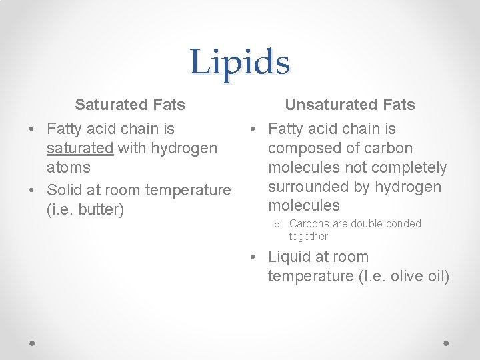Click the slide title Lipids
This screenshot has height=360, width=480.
point(240,63)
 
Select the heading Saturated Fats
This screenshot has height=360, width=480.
point(130,105)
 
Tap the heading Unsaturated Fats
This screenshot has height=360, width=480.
point(350,105)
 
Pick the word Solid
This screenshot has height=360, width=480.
point(65,190)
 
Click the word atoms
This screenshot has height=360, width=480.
point(69,167)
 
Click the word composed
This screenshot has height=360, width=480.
point(304,148)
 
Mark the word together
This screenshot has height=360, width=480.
point(308,237)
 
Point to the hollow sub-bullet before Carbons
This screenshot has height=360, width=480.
point(276,225)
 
